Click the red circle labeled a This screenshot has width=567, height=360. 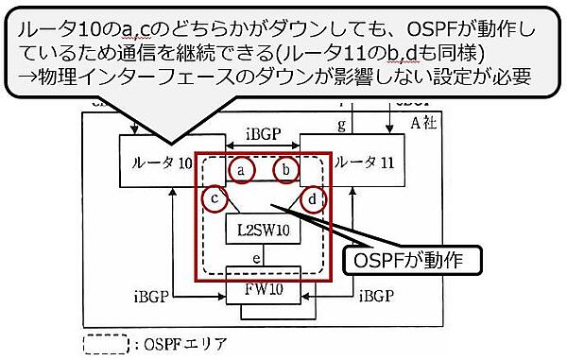(x=242, y=170)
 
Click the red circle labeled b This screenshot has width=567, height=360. (x=288, y=170)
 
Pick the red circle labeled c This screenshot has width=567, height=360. (x=215, y=198)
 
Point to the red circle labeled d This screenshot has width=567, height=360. (x=316, y=198)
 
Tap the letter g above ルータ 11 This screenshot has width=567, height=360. (x=341, y=125)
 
